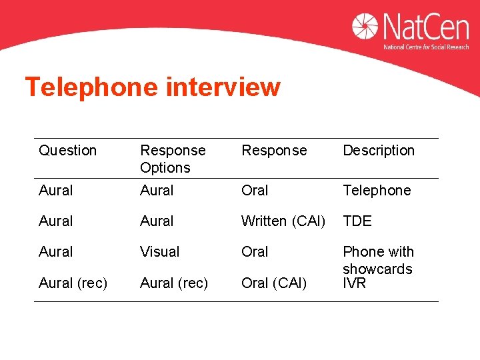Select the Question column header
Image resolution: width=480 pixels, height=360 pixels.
[x=68, y=151]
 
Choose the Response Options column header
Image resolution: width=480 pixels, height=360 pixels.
[x=173, y=159]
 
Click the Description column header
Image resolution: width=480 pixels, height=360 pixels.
[x=379, y=151]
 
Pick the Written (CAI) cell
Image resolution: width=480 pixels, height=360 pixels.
[x=283, y=221]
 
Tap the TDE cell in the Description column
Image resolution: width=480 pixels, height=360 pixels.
[x=357, y=221]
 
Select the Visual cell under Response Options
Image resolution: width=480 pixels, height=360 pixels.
[x=160, y=251]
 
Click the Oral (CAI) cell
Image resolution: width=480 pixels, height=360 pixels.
[x=274, y=283]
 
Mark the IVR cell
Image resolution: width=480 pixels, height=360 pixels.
[x=355, y=283]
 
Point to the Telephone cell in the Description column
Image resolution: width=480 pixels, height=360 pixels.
[x=377, y=190]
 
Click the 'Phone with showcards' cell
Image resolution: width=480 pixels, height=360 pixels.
[x=378, y=260]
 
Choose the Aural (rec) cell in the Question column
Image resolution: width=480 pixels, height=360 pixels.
[x=73, y=283]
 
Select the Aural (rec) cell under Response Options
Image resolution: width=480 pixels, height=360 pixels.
[x=174, y=283]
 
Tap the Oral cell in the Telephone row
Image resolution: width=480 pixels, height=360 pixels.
[x=255, y=190]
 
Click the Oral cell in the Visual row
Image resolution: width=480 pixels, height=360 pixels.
[x=255, y=251]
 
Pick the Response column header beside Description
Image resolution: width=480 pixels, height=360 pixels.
[x=274, y=151]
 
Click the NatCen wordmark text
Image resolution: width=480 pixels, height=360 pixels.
[x=425, y=27]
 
